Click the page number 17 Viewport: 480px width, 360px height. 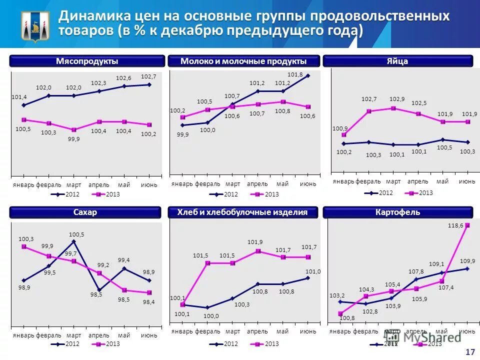pyautogui.click(x=469, y=352)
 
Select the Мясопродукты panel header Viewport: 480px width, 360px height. pyautogui.click(x=87, y=61)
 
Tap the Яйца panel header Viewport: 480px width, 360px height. pyautogui.click(x=397, y=61)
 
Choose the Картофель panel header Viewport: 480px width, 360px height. pyautogui.click(x=397, y=212)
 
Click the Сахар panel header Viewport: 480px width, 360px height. pyautogui.click(x=87, y=212)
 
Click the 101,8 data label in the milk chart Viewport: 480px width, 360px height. pyautogui.click(x=295, y=74)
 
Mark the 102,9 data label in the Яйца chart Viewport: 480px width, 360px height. pyautogui.click(x=397, y=99)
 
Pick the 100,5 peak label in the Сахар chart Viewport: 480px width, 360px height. pyautogui.click(x=76, y=234)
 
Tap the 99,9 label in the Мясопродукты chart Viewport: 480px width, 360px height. pyautogui.click(x=74, y=138)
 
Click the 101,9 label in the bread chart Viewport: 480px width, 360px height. pyautogui.click(x=255, y=242)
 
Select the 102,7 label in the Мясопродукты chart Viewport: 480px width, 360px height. pyautogui.click(x=148, y=76)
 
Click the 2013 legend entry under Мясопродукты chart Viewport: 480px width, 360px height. pyautogui.click(x=107, y=194)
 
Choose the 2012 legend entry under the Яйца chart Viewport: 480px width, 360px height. pyautogui.click(x=380, y=192)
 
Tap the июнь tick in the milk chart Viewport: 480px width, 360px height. pyautogui.click(x=308, y=184)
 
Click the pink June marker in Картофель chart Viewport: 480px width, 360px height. pyautogui.click(x=467, y=225)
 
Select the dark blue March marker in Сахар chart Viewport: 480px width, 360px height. pyautogui.click(x=74, y=241)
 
